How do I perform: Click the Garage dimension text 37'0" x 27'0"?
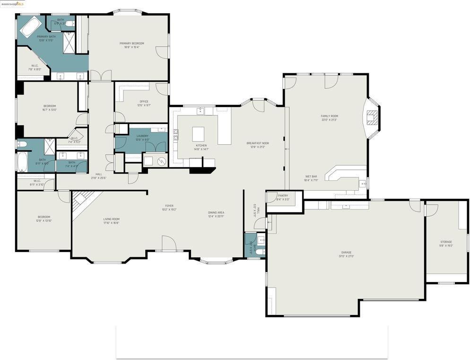click(346, 256)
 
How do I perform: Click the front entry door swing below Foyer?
click(169, 243)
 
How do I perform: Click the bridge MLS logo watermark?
click(13, 4)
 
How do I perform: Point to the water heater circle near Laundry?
click(162, 161)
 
